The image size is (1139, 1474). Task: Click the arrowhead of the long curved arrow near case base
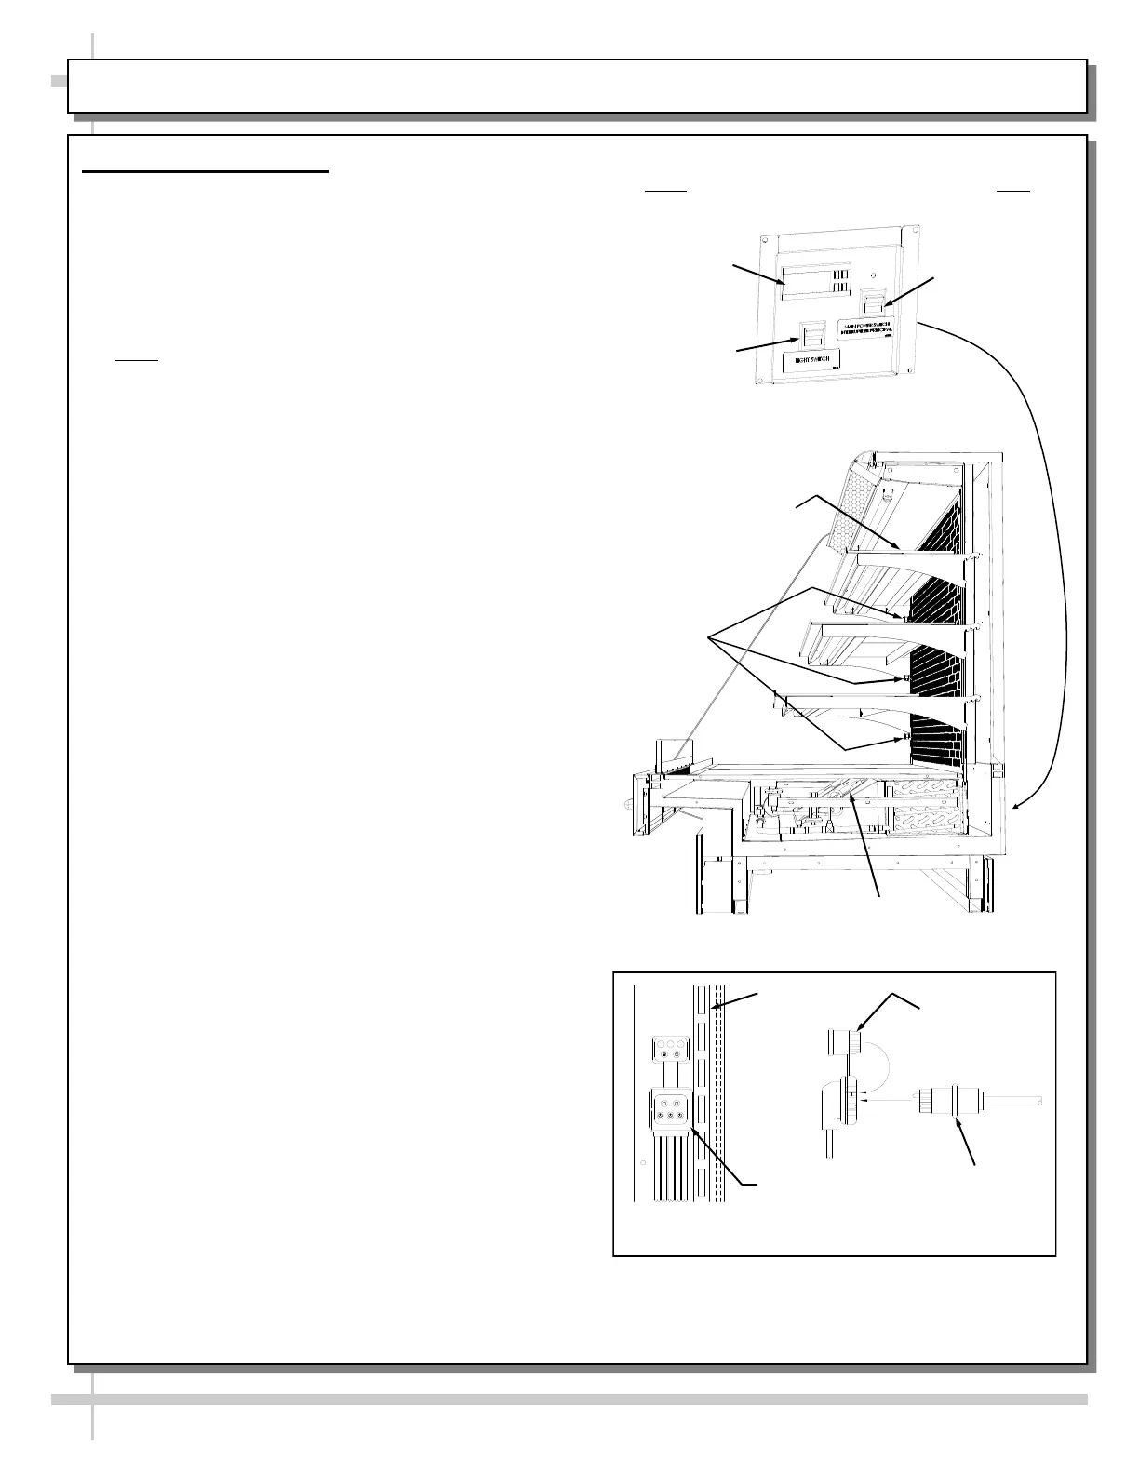pos(1015,807)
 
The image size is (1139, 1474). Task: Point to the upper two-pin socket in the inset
pos(664,1047)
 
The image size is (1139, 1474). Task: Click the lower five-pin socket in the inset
pos(668,1108)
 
